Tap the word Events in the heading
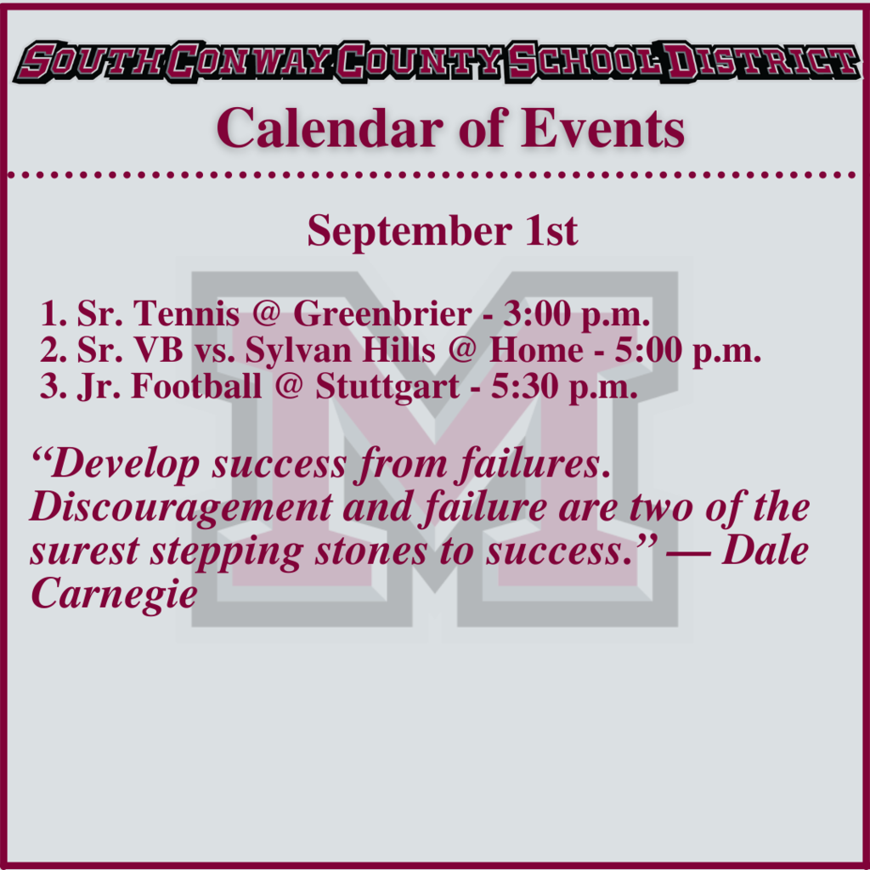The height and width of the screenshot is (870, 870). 602,128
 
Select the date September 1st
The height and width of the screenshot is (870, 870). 442,230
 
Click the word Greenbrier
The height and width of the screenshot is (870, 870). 382,314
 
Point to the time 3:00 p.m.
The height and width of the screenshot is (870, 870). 577,315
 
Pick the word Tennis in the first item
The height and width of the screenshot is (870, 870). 186,314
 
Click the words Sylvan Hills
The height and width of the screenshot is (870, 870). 340,351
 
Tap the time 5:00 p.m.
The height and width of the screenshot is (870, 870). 687,352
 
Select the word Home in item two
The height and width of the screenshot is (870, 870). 536,351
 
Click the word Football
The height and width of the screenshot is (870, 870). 196,387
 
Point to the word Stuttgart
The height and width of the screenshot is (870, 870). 387,387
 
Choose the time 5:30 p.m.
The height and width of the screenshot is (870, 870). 564,387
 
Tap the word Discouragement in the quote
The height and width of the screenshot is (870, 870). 181,509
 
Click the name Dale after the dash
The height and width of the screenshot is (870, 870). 765,551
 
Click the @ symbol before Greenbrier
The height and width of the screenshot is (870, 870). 266,314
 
